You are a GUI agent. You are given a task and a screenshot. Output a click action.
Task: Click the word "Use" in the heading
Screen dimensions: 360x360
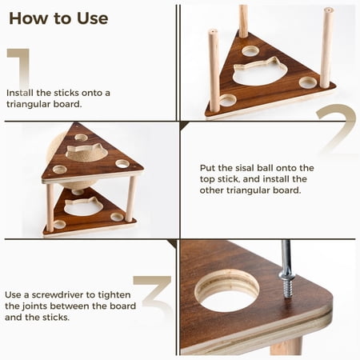tap(93, 18)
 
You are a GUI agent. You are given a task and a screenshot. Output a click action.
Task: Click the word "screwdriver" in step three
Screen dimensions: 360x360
tap(62, 295)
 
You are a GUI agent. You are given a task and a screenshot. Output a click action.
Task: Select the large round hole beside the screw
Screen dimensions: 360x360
tap(227, 290)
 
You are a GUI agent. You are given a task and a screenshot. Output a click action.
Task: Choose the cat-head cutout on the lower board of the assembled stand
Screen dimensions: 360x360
tap(83, 206)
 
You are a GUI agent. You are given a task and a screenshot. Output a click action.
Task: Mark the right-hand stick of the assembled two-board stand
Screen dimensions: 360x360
tap(130, 198)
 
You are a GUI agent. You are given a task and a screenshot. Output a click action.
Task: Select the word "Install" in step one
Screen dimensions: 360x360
tap(20, 93)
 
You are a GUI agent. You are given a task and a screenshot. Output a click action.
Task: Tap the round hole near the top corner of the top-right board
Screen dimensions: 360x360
tap(250, 50)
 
